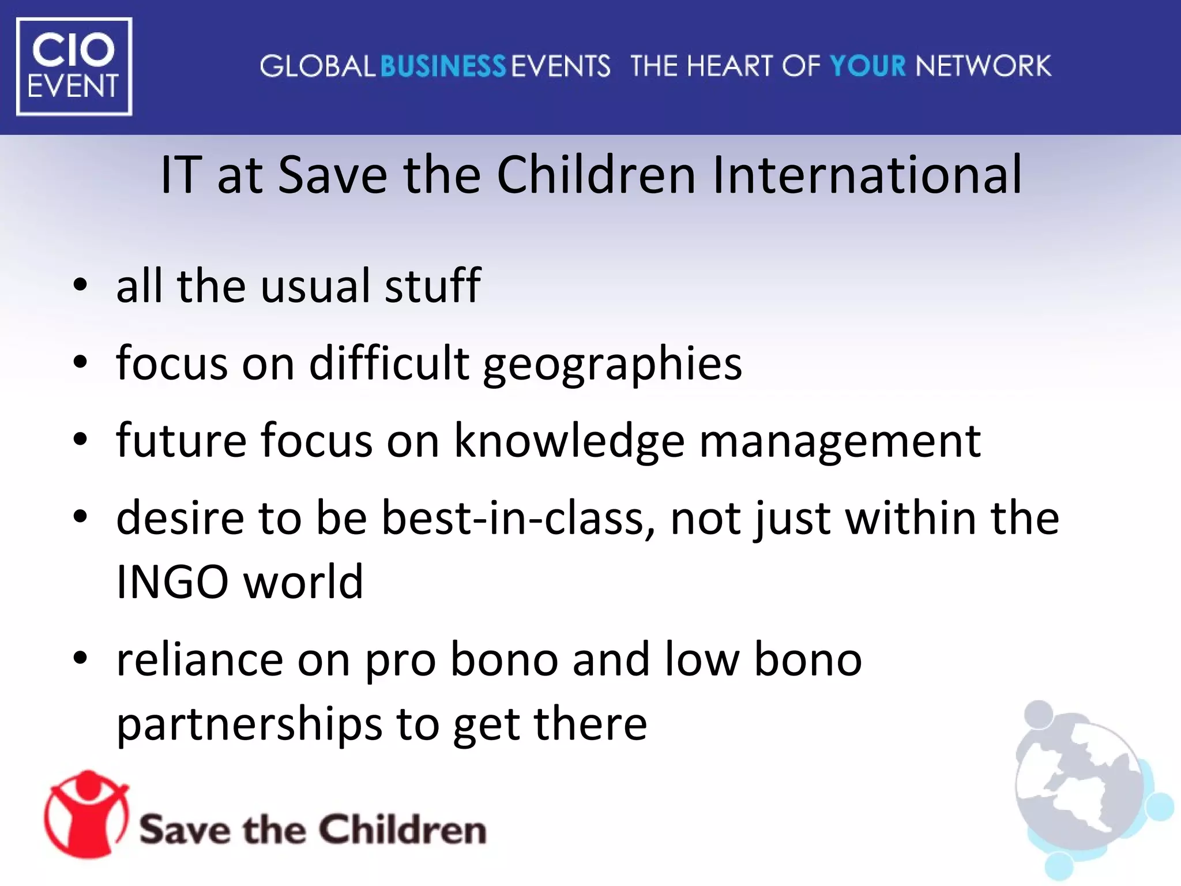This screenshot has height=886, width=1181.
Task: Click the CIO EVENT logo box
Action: (x=74, y=66)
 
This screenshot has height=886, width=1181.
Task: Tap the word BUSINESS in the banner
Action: (x=443, y=66)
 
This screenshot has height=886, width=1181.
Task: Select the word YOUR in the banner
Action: (x=868, y=66)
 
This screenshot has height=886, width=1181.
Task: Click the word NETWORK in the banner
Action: (x=983, y=66)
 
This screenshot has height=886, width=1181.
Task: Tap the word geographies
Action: (x=612, y=365)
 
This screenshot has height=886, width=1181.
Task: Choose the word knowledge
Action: (x=570, y=441)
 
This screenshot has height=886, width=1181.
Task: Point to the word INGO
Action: (x=172, y=581)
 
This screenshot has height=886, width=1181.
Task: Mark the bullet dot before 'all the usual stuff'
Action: (x=80, y=285)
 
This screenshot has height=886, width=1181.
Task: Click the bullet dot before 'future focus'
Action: (x=80, y=440)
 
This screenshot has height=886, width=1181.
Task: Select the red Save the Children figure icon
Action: (x=86, y=813)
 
